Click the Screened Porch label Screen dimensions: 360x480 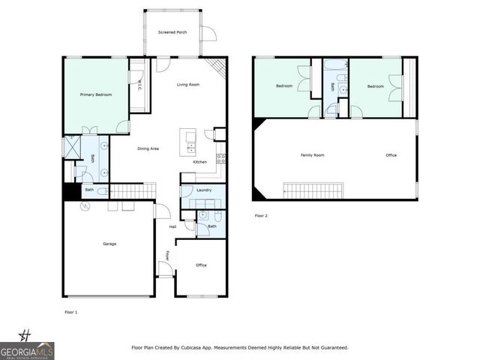172,33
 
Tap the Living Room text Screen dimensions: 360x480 187,85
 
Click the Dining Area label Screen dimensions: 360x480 148,148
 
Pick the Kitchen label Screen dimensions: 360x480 200,162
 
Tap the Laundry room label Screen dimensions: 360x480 204,190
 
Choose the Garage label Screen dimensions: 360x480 109,244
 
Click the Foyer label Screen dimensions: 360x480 167,256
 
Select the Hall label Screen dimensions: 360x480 172,226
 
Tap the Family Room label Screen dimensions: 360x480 312,155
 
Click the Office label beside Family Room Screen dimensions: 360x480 391,155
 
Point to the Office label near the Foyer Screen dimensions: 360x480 201,265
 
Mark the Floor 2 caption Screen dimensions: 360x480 260,215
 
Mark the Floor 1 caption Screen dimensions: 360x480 71,311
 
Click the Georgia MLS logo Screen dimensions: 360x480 27,347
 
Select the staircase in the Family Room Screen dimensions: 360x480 313,190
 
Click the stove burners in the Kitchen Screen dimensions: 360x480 221,158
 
